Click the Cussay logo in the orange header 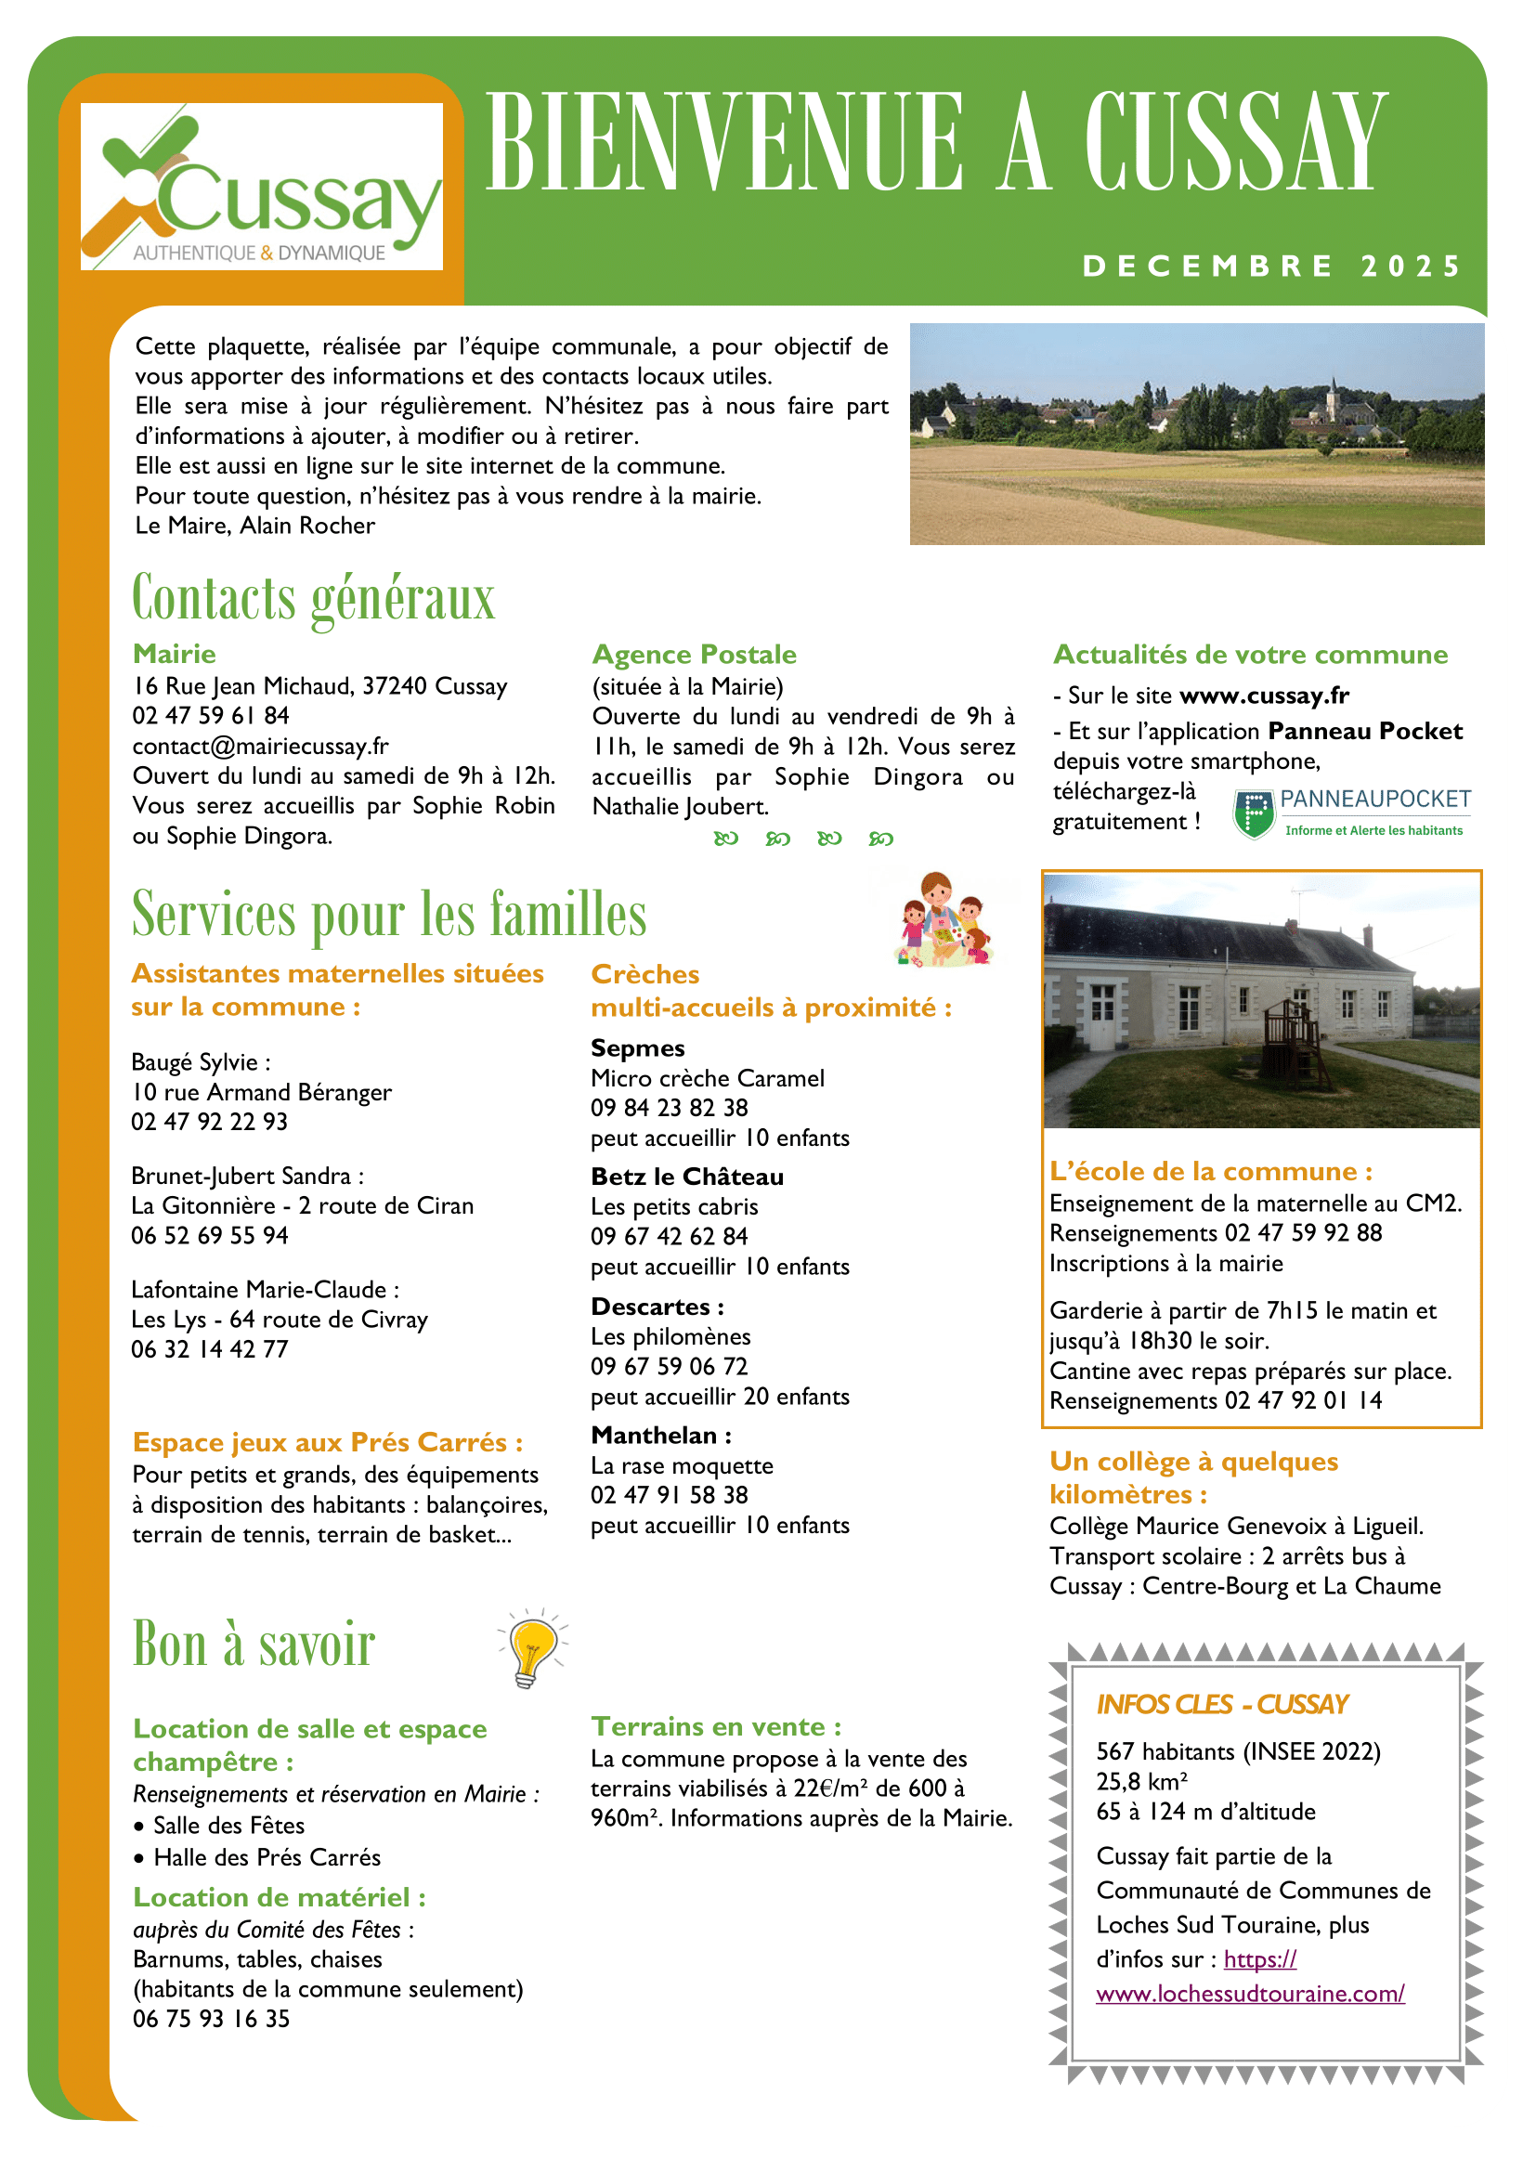261,187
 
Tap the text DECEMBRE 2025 1271,266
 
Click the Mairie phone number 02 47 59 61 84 211,715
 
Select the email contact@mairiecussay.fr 260,746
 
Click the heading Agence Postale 695,654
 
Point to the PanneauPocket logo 1351,813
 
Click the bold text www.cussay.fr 1264,696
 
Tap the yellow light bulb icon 532,1649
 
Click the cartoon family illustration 942,918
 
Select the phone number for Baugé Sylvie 209,1121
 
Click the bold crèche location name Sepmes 637,1047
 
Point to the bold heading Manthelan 660,1435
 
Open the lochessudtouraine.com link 1249,1993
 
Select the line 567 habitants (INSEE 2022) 1238,1751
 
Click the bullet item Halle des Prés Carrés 267,1857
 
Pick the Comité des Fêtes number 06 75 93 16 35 211,2019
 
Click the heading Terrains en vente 716,1726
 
